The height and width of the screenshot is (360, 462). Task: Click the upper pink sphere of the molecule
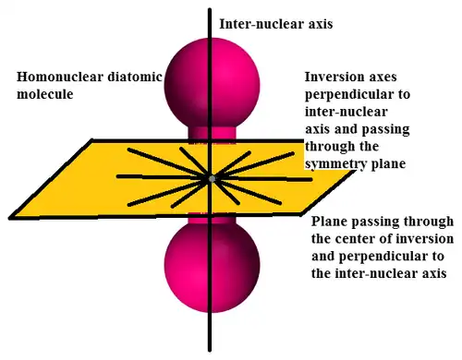tap(212, 84)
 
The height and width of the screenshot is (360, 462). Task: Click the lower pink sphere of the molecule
tap(212, 267)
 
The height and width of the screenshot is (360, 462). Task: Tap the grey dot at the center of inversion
tap(212, 179)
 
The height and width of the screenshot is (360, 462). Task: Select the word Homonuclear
tap(60, 77)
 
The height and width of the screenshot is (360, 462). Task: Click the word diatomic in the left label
tap(135, 77)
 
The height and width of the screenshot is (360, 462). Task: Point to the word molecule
tap(45, 94)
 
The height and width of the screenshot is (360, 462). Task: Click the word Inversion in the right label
tap(334, 77)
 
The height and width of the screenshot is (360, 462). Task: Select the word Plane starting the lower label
tap(329, 222)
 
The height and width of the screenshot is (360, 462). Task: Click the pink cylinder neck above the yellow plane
tap(212, 134)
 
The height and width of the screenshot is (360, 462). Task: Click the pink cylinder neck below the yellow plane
tap(212, 218)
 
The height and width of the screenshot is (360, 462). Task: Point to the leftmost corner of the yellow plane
tap(10, 218)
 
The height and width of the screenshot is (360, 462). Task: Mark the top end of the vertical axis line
tap(210, 9)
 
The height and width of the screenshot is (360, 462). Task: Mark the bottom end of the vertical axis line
tap(210, 350)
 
